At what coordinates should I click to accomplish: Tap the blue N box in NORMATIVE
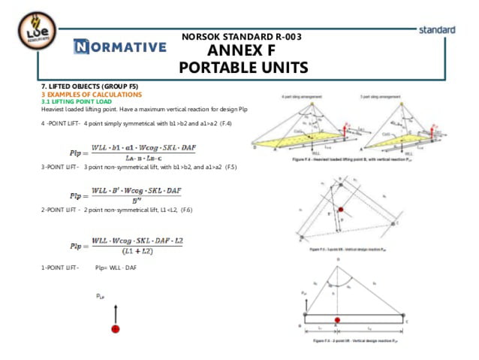(x=82, y=47)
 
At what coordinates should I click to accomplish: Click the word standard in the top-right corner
(x=437, y=30)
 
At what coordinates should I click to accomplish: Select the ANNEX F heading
(x=242, y=51)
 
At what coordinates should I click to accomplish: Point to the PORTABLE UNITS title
(x=243, y=68)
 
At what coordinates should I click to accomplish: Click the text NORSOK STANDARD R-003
(x=242, y=36)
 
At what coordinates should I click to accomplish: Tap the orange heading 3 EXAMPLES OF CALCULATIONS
(x=91, y=95)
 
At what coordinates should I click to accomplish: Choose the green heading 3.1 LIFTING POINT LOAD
(x=77, y=101)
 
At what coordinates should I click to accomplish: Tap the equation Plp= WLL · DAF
(x=116, y=268)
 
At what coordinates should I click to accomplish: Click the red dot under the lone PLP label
(x=116, y=328)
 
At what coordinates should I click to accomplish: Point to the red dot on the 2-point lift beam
(x=337, y=320)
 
